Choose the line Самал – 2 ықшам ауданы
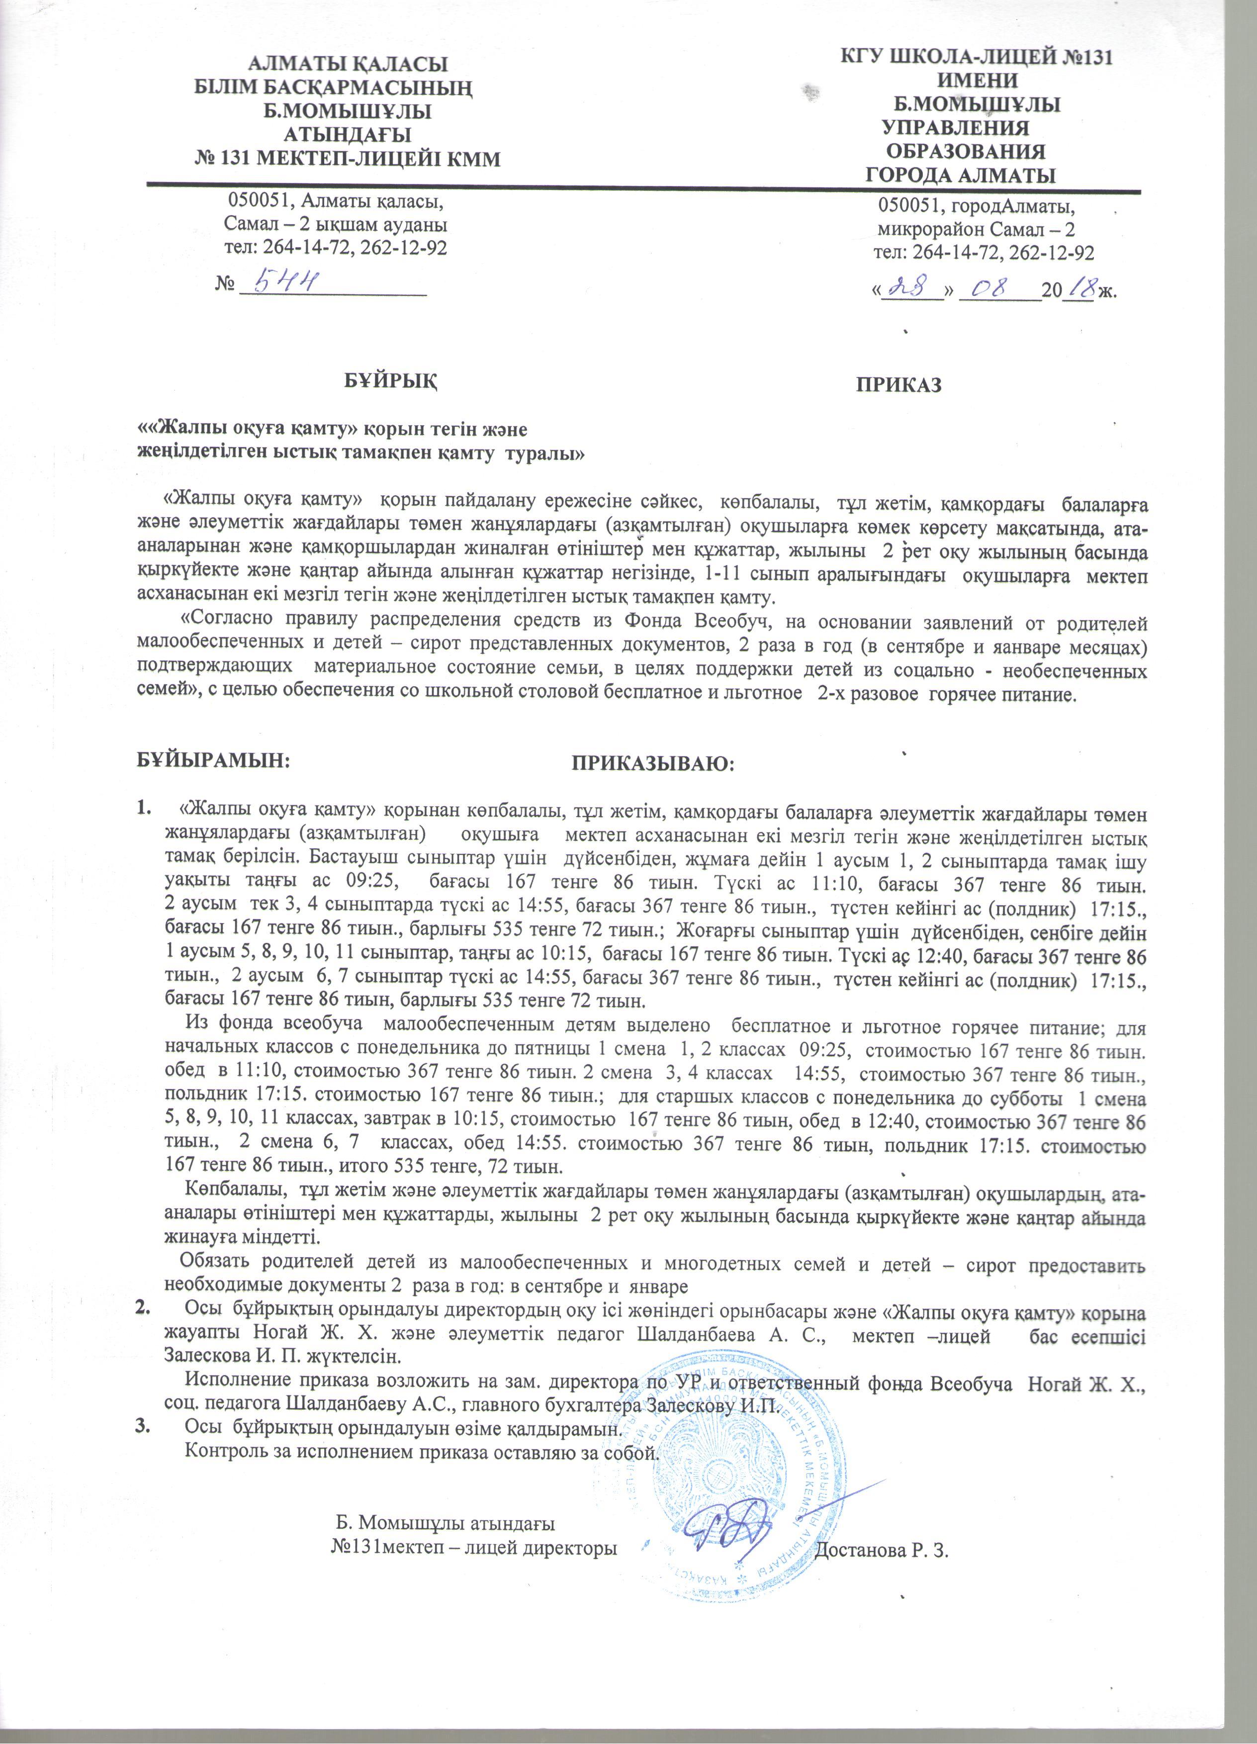click(x=335, y=225)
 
